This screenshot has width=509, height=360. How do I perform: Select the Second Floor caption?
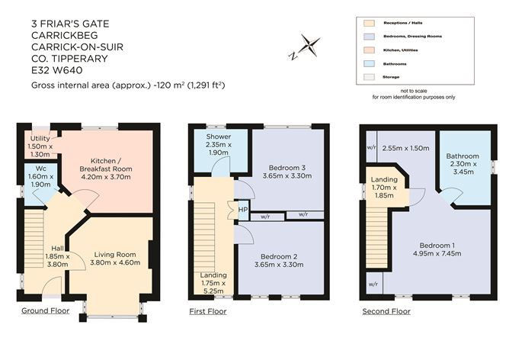tap(386, 311)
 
